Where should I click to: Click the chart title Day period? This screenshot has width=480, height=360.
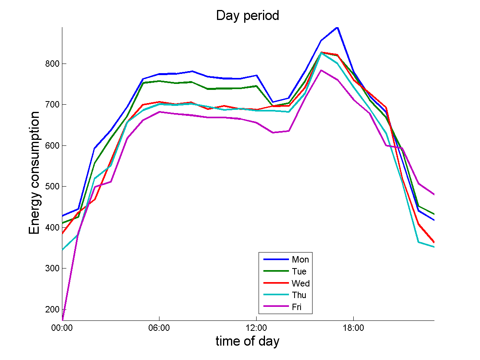(247, 16)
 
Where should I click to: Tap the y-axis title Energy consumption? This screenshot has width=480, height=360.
(34, 173)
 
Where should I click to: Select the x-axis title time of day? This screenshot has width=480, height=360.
(247, 341)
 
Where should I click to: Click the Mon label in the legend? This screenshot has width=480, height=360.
(300, 260)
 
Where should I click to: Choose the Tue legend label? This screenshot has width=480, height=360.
(299, 272)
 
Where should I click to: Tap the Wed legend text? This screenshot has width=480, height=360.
(301, 284)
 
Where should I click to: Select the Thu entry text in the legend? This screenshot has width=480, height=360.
(299, 295)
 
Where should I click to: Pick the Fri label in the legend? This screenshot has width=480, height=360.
(297, 307)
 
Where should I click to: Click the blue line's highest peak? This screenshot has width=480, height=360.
(337, 28)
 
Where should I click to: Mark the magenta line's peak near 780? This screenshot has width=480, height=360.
(321, 70)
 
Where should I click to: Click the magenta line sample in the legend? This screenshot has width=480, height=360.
(276, 307)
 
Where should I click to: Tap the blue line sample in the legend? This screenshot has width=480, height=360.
(276, 260)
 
